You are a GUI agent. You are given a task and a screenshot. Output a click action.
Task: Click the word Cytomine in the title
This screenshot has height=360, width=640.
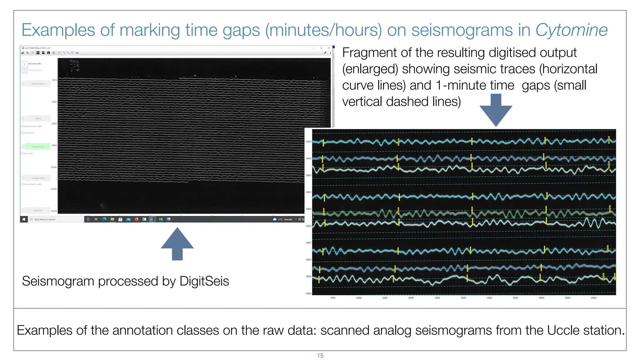[x=571, y=30]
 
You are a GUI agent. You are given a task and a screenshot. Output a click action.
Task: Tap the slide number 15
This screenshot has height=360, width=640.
[x=320, y=356]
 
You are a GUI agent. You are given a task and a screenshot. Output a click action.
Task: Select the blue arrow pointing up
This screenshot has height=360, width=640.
[x=177, y=243]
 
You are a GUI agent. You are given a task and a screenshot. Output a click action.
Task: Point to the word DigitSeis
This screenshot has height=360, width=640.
[x=204, y=281]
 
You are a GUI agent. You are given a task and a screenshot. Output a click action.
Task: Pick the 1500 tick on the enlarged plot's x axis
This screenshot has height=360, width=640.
[x=333, y=298]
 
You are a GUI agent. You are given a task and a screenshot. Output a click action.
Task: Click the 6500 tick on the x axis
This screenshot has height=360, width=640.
[x=593, y=298]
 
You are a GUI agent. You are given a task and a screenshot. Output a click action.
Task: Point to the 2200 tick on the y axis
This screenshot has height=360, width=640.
[x=308, y=142]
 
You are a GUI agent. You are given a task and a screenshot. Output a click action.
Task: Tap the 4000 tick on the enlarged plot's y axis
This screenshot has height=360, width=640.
[x=308, y=293]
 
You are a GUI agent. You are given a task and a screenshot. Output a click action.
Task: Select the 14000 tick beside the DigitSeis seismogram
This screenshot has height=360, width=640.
[x=54, y=211]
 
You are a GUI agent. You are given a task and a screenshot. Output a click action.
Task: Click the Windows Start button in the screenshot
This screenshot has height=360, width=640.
[x=24, y=219]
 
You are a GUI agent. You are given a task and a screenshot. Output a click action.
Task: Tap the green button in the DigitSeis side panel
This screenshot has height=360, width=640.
[x=38, y=147]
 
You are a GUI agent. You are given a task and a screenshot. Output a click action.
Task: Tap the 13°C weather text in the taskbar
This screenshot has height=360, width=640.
[x=285, y=219]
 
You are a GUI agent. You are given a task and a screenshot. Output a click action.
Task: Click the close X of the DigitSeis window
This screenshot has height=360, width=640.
[x=328, y=48]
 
